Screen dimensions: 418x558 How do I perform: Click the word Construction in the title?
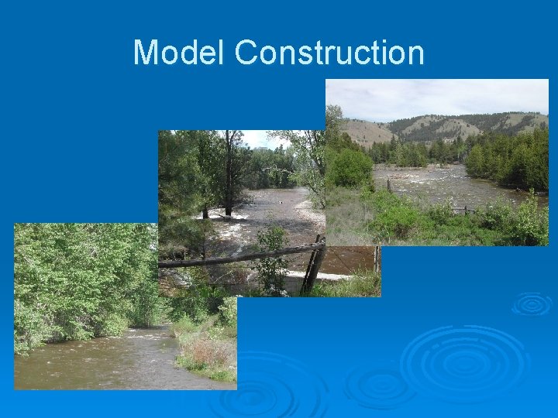pos(329,53)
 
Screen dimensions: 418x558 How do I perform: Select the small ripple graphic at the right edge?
pos(532,303)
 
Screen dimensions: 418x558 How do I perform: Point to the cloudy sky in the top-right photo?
pos(434,97)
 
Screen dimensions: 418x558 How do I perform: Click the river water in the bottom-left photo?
pos(93,364)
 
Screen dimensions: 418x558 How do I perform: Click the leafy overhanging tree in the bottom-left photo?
pos(77,279)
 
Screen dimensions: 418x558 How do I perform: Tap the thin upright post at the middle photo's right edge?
pos(376,259)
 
